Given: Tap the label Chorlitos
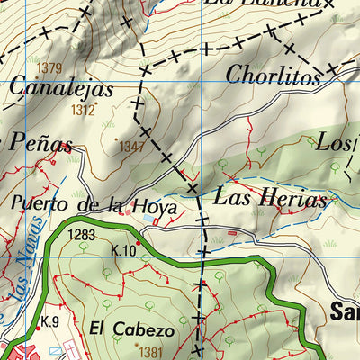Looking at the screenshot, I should tap(274, 76).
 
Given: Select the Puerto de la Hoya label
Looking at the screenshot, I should tap(94, 205).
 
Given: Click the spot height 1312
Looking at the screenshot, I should tap(83, 110).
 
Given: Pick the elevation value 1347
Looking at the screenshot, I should tap(131, 146).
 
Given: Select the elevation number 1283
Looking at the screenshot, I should tap(80, 236).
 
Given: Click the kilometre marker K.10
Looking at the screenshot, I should tap(123, 250).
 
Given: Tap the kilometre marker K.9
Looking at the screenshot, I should tap(49, 321).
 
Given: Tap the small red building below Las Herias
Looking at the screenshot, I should tap(236, 234).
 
